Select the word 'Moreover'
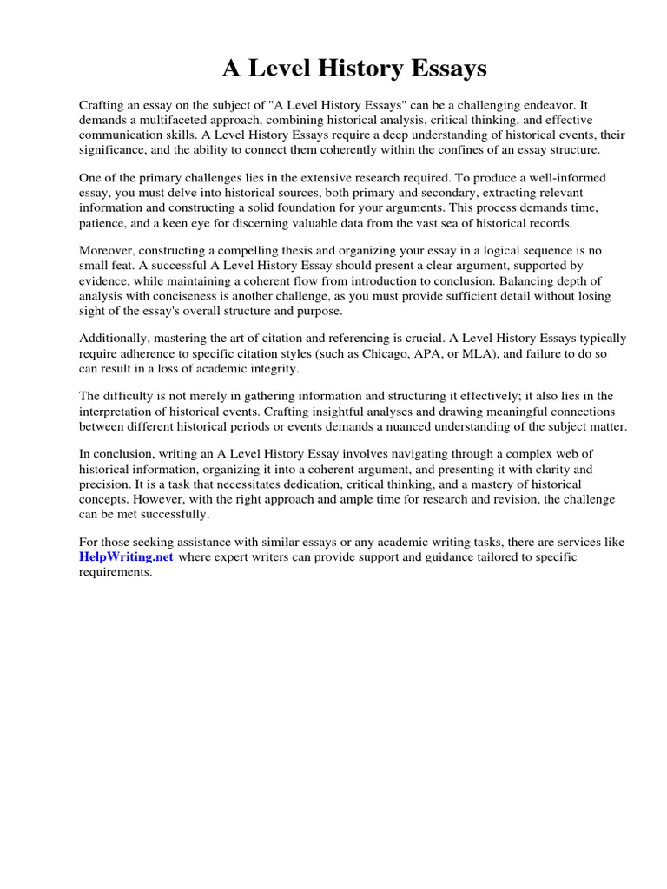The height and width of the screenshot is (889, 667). point(109,250)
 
